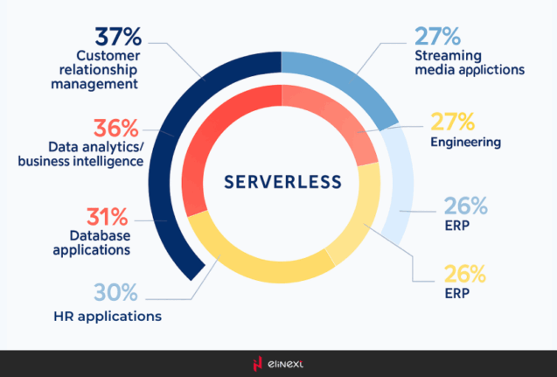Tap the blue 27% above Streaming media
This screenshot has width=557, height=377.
click(437, 37)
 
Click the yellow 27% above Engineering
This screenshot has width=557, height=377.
click(451, 120)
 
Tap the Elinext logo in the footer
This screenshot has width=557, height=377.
click(277, 364)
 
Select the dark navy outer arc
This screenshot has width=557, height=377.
click(165, 175)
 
